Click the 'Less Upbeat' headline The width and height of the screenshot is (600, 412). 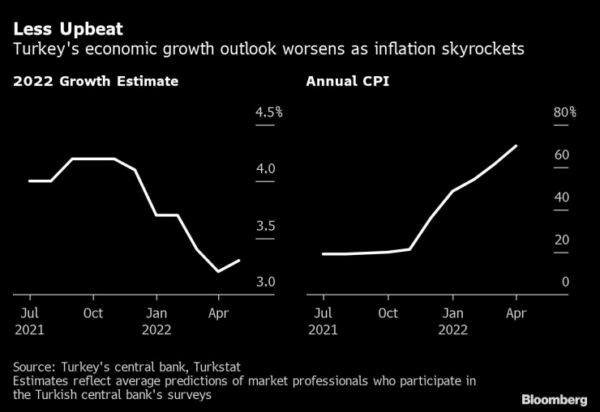[x=67, y=29]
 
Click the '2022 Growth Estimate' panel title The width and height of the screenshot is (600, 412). [x=96, y=82]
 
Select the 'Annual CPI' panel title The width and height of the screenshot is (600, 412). [x=347, y=82]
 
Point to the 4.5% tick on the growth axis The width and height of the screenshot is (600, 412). [x=268, y=113]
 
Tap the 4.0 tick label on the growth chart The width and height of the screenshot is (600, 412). [x=266, y=169]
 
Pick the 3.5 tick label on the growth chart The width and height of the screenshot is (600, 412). [x=266, y=226]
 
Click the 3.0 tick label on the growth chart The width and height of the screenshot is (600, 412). [x=266, y=282]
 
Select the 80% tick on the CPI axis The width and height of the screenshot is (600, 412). [x=564, y=113]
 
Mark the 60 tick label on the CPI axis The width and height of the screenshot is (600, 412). [x=561, y=155]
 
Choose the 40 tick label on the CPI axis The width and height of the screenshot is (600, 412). [x=561, y=198]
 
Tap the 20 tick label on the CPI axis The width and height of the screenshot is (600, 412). [x=561, y=240]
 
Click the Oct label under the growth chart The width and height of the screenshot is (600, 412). [x=93, y=313]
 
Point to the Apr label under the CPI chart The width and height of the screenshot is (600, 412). [x=516, y=313]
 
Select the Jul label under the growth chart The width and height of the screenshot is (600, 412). [x=28, y=313]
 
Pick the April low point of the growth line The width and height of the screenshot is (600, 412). [x=218, y=271]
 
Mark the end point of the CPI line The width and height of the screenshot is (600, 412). [x=516, y=147]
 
